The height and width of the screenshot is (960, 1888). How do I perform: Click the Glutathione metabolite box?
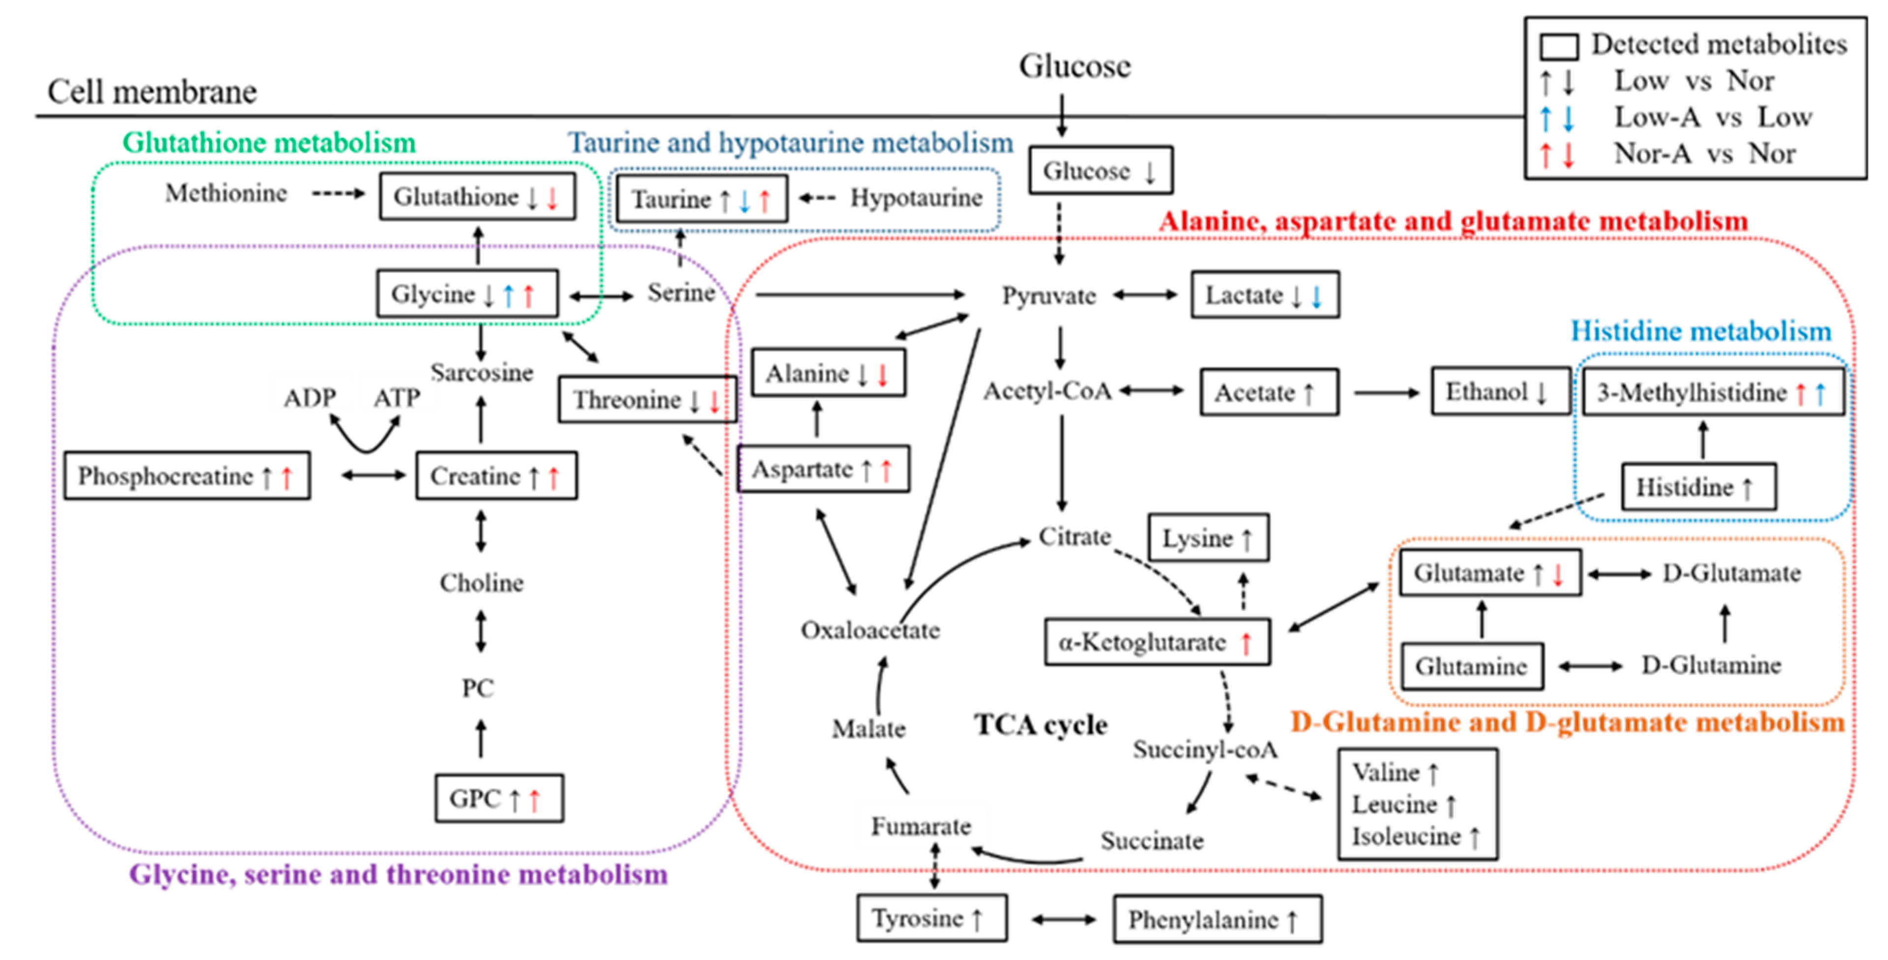tap(477, 196)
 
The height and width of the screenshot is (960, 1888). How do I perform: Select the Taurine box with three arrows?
tap(701, 199)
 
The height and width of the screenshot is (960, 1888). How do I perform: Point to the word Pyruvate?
tap(1049, 296)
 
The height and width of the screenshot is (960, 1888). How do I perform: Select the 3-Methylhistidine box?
tap(1712, 393)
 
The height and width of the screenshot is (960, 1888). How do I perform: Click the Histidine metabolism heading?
tap(1701, 331)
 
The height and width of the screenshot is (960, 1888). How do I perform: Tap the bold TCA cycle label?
tap(1040, 725)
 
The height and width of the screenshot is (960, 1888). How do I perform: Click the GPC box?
tap(498, 799)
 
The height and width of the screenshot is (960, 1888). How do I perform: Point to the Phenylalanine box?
tap(1217, 919)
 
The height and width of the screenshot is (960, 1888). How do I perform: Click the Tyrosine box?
tap(931, 918)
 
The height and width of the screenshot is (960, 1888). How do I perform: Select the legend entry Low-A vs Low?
tap(1713, 117)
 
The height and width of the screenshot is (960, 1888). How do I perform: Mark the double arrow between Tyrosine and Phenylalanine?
tap(1063, 919)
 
